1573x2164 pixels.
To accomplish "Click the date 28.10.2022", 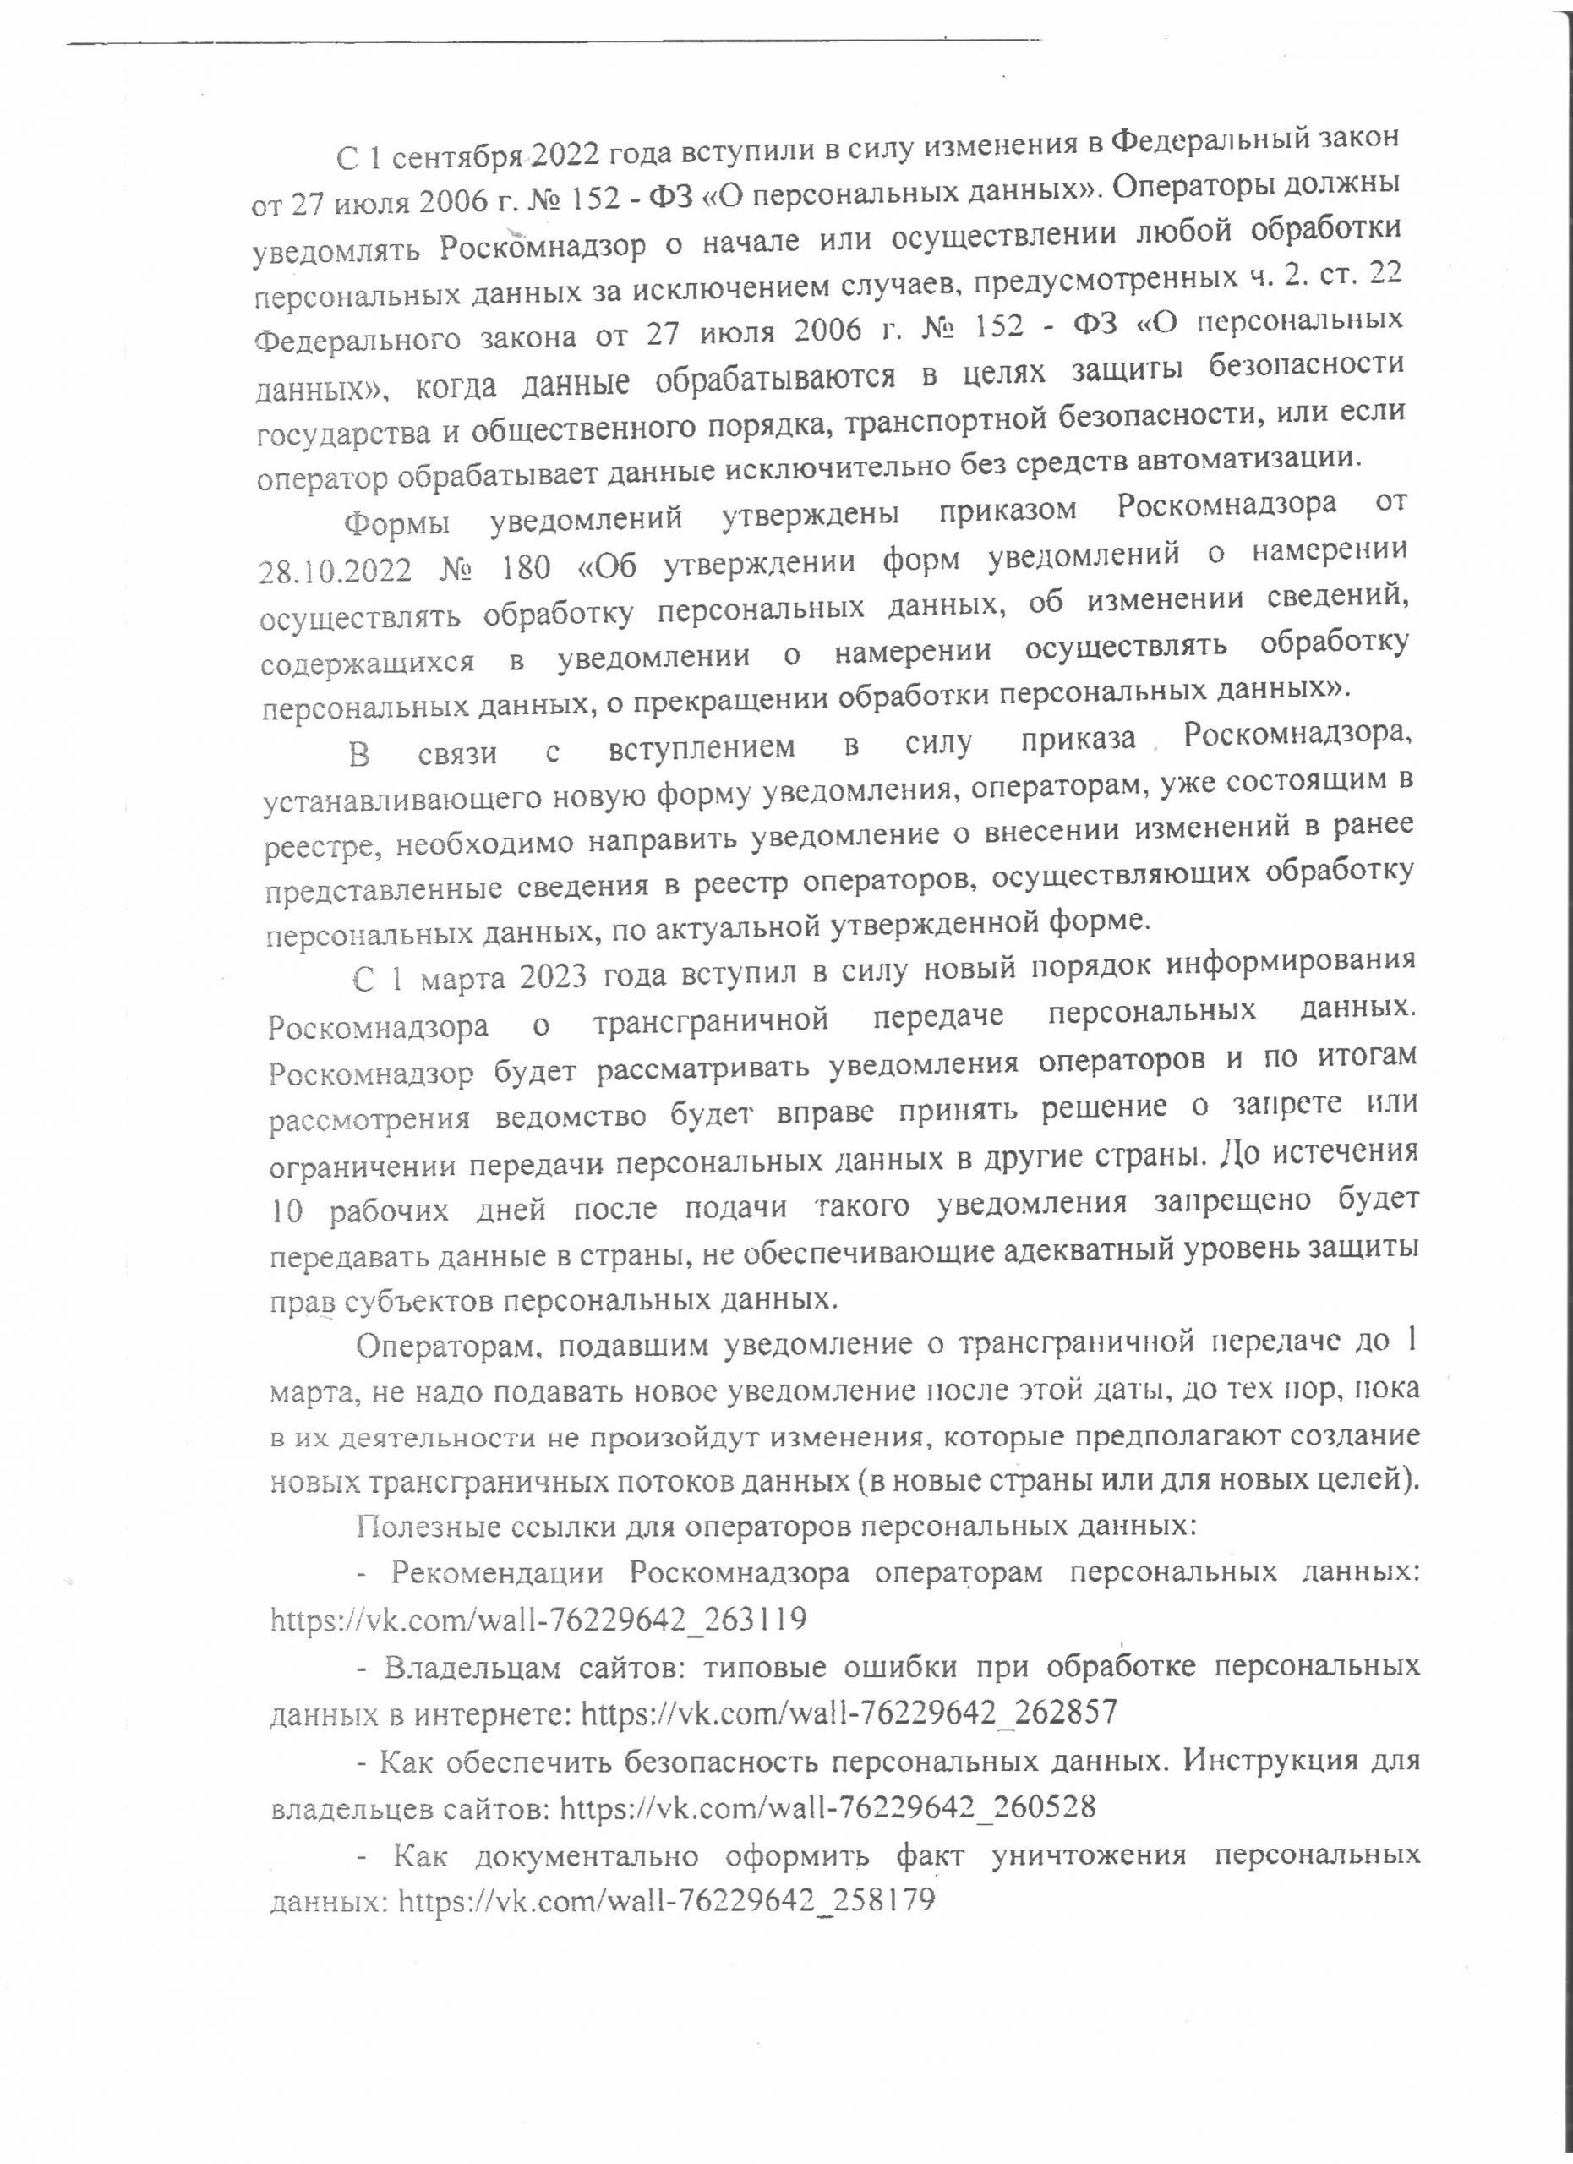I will point(335,571).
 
